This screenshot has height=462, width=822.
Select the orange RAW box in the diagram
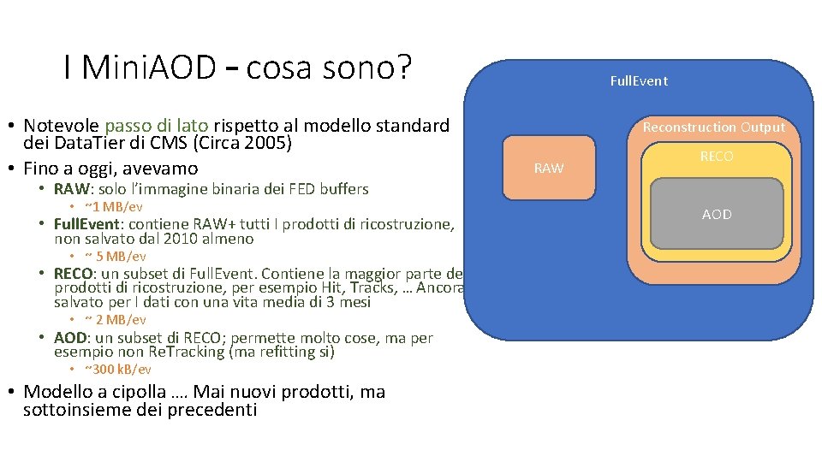tap(549, 168)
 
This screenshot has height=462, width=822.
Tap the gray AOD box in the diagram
tap(716, 214)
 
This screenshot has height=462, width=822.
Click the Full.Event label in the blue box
tap(638, 81)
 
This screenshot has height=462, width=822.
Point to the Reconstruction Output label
tap(713, 127)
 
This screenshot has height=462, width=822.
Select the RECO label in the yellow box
tap(716, 157)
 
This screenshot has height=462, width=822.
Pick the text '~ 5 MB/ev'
tap(115, 257)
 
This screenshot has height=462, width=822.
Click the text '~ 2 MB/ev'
tap(115, 320)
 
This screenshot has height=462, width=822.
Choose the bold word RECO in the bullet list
tap(72, 274)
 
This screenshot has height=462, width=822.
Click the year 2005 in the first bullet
tap(270, 143)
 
